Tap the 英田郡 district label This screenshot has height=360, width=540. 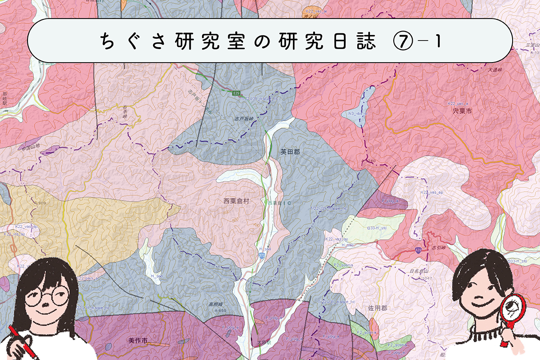click(289, 153)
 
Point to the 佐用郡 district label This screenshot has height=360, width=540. click(378, 308)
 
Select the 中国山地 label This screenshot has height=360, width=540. click(31, 146)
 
